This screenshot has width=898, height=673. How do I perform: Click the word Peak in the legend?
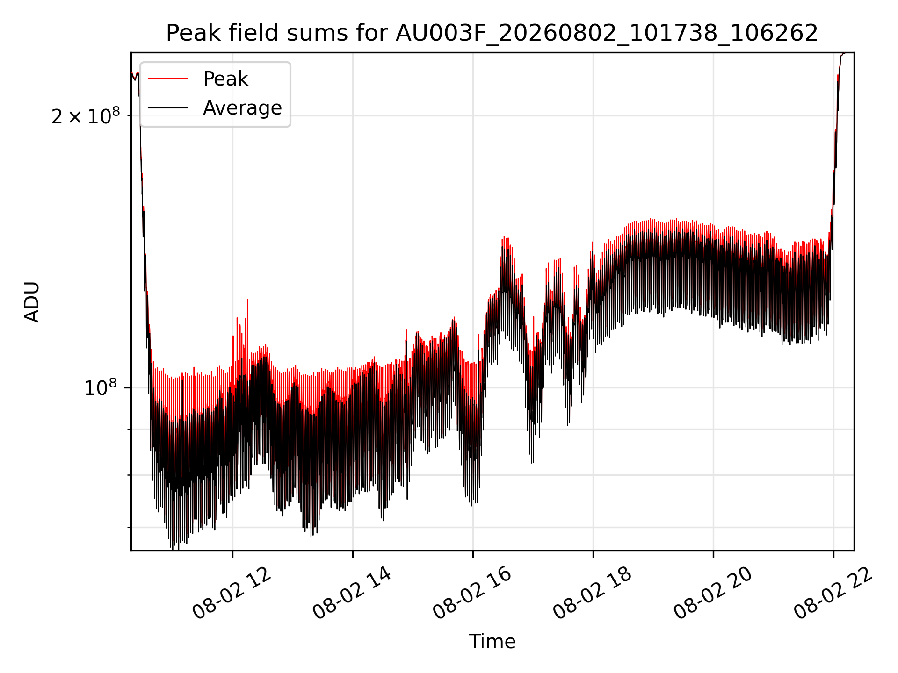225,79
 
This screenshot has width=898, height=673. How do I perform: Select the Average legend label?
242,108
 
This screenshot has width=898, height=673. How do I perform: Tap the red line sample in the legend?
168,79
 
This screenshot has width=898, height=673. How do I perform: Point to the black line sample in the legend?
168,108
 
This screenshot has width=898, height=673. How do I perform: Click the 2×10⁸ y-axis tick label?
86,116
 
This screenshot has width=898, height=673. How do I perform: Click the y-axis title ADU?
32,302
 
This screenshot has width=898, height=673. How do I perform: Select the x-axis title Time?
492,641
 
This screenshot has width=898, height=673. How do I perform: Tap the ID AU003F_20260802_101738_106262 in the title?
607,33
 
